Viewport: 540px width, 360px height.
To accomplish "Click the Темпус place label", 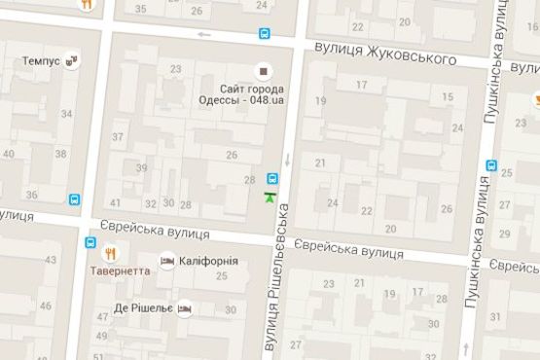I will [x=40, y=60].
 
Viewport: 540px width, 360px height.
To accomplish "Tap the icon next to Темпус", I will [x=73, y=60].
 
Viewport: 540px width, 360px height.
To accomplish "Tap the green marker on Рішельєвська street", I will [x=269, y=198].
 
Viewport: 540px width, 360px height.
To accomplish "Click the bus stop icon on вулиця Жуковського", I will [x=265, y=34].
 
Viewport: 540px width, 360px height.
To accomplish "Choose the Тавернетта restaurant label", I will [x=121, y=270].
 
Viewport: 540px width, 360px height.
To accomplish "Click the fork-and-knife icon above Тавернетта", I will [x=112, y=253].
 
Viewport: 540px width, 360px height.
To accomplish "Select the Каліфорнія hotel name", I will [x=207, y=262].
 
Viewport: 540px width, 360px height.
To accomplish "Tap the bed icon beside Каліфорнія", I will [x=167, y=262].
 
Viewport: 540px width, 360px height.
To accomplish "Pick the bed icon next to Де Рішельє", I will [x=186, y=307].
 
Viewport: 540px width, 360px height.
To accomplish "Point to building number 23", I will [x=176, y=68].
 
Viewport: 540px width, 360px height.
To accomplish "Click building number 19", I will [x=320, y=100].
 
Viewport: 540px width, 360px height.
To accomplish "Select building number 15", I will [x=448, y=96].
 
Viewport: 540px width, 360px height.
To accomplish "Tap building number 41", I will [x=116, y=202].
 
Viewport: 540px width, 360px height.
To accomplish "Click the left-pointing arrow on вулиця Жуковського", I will [x=203, y=35].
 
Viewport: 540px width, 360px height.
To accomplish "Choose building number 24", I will [x=333, y=202].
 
